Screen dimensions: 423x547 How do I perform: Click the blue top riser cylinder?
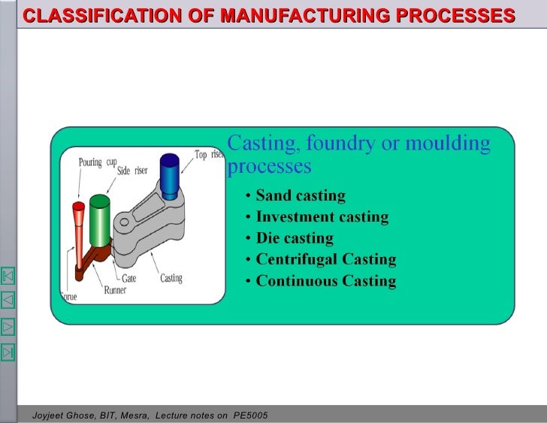click(169, 177)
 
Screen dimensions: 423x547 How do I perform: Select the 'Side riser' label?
click(133, 171)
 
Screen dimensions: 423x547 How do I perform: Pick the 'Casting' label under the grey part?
click(171, 278)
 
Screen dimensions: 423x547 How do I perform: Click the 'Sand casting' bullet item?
click(301, 196)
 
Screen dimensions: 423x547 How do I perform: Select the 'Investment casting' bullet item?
click(322, 217)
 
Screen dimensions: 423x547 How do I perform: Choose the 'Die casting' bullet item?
click(295, 238)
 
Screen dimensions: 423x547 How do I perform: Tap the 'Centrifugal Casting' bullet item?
click(326, 259)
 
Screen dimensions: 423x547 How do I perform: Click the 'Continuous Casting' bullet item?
click(326, 281)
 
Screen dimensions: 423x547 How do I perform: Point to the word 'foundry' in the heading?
click(342, 143)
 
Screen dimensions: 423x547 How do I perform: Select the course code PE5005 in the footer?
click(251, 415)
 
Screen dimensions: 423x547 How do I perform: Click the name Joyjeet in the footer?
click(48, 415)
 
